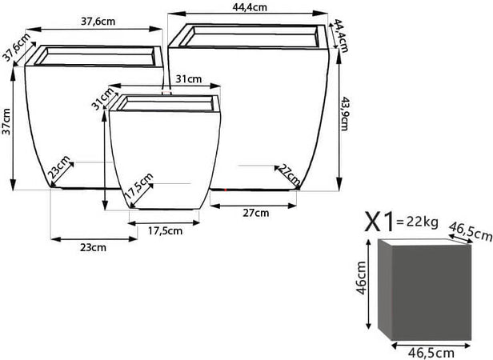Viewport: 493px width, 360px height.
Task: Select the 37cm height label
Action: tap(6, 122)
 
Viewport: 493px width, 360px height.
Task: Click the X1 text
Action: tap(379, 222)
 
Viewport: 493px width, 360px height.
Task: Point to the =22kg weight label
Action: tap(417, 222)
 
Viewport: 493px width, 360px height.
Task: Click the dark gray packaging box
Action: tap(425, 290)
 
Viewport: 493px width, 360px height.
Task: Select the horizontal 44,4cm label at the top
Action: tap(250, 7)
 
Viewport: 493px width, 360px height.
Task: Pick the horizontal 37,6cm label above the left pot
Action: tap(98, 22)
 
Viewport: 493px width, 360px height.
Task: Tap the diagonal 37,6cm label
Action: tap(18, 46)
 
